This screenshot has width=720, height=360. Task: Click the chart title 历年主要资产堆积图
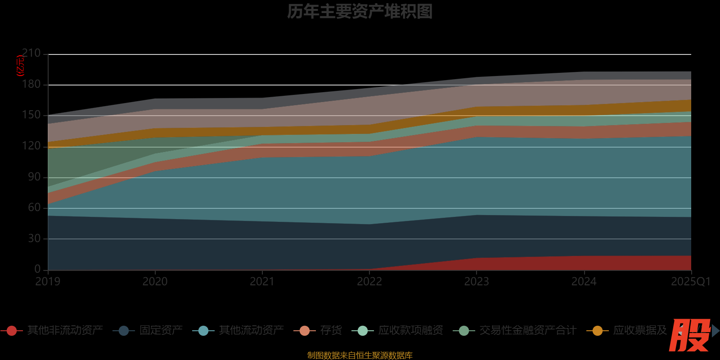pyautogui.click(x=360, y=12)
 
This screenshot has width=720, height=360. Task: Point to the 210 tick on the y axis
pyautogui.click(x=31, y=53)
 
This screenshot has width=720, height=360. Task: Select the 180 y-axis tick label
pyautogui.click(x=31, y=84)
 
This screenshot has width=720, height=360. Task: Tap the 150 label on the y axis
pyautogui.click(x=31, y=115)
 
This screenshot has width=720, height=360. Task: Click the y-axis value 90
pyautogui.click(x=34, y=177)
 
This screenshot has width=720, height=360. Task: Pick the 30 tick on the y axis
pyautogui.click(x=34, y=238)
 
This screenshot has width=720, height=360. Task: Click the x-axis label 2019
pyautogui.click(x=48, y=282)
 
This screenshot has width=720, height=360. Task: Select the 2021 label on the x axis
pyautogui.click(x=262, y=282)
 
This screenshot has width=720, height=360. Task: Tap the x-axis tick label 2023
pyautogui.click(x=477, y=282)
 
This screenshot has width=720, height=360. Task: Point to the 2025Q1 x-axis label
pyautogui.click(x=690, y=282)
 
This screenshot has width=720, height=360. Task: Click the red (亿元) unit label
pyautogui.click(x=20, y=66)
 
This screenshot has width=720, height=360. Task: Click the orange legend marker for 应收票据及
pyautogui.click(x=598, y=331)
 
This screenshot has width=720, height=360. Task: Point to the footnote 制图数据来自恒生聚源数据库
pyautogui.click(x=360, y=355)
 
